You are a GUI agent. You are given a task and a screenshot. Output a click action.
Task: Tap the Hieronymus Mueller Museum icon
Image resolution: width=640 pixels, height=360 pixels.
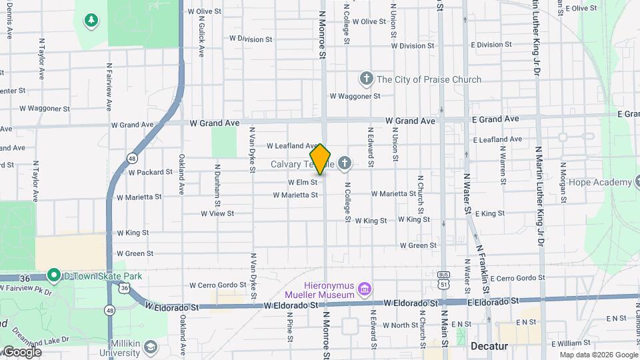click(x=365, y=289)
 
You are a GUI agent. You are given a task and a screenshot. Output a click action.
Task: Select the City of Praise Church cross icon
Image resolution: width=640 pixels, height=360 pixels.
click(x=365, y=79)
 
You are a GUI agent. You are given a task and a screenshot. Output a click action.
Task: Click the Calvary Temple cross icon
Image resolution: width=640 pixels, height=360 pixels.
click(x=345, y=163)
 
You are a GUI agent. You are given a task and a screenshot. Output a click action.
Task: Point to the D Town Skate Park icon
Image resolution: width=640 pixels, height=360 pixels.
click(x=53, y=275)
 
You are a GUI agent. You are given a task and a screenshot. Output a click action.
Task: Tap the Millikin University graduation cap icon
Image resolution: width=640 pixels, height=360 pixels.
click(x=151, y=347)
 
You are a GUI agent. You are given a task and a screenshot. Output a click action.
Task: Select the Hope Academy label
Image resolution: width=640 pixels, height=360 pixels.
click(x=603, y=182)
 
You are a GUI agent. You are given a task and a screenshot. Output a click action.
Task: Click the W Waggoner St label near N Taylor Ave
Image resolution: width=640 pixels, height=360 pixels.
click(x=44, y=108)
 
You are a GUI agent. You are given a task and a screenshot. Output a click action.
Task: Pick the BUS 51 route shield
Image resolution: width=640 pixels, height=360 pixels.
click(x=443, y=280)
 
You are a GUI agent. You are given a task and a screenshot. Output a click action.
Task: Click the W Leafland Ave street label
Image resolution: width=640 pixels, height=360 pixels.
click(x=293, y=145)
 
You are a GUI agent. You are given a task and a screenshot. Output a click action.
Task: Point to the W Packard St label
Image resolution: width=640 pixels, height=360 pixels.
click(x=151, y=172)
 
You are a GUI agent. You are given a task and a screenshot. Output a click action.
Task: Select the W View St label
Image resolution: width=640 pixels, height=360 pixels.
click(x=217, y=214)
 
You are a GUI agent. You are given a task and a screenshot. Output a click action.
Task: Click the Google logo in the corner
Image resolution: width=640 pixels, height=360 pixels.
click(x=21, y=352)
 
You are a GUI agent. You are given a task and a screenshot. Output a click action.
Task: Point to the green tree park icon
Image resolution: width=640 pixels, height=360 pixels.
click(x=91, y=21)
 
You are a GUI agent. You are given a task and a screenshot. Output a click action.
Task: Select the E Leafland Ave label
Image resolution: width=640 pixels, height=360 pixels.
click(x=497, y=140)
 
